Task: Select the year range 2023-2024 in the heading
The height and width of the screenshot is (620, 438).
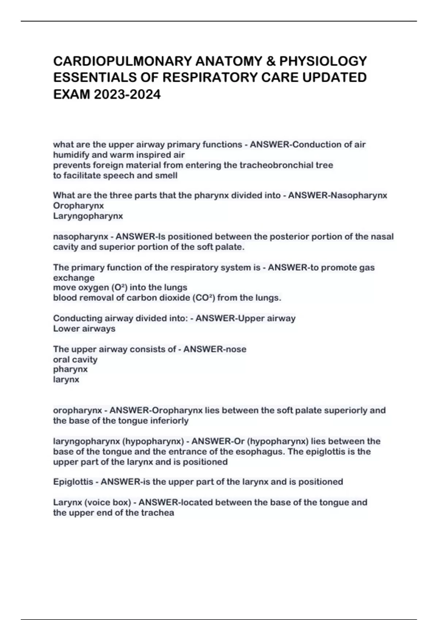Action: pyautogui.click(x=127, y=94)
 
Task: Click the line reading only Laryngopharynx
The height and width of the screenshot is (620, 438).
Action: pyautogui.click(x=88, y=216)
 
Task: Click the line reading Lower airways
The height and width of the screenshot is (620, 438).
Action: pyautogui.click(x=84, y=329)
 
